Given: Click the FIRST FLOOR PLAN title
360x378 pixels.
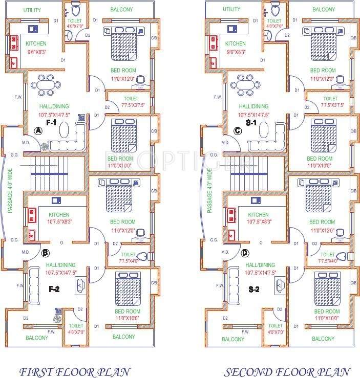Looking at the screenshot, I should [74, 371].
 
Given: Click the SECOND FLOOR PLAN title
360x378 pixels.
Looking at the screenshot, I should [287, 371].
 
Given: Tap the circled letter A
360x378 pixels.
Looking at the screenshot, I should [37, 131].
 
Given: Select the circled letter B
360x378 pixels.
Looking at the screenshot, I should [45, 252].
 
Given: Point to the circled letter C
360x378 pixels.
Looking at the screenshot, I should [237, 131].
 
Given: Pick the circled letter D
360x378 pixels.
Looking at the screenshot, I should [245, 252].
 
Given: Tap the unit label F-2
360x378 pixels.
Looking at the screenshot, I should [54, 289].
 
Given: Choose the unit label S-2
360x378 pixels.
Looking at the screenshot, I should [253, 289].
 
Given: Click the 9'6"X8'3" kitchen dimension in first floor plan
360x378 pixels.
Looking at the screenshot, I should [36, 52].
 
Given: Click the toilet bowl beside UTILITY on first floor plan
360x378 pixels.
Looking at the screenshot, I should [76, 10].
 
